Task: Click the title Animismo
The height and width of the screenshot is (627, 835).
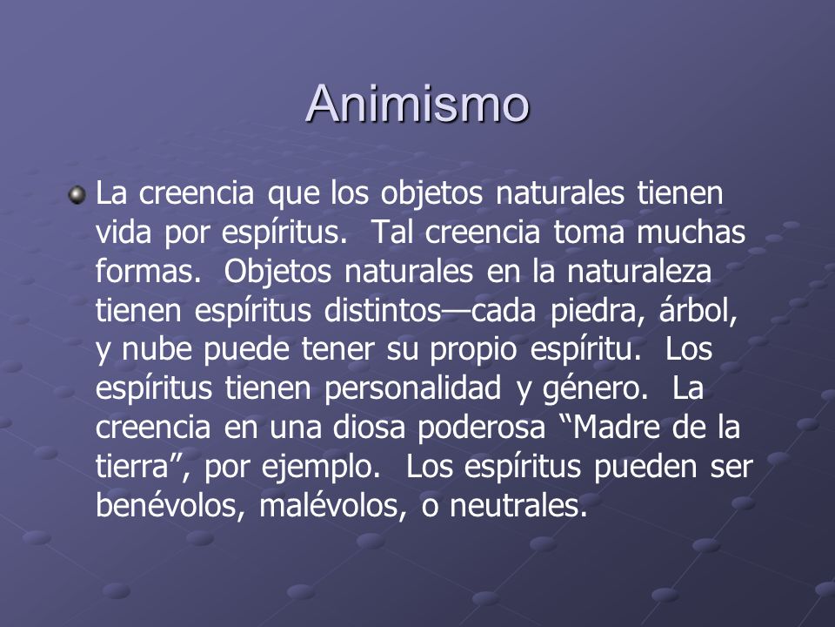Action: tap(417, 103)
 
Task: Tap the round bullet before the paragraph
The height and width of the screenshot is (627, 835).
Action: tap(77, 194)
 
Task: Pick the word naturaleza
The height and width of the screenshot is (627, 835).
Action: tap(639, 271)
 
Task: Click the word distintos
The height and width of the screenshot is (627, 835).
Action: tap(383, 310)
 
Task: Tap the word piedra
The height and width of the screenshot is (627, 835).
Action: tap(594, 311)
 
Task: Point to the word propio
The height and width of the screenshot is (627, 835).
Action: tap(473, 351)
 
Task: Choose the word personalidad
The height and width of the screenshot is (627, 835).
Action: tap(412, 388)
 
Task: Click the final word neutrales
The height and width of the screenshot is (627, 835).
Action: tap(518, 505)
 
